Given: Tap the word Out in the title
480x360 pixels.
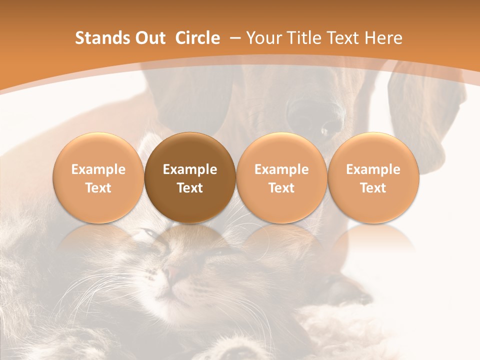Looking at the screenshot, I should [x=149, y=38].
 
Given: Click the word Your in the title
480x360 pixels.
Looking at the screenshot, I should [x=263, y=38].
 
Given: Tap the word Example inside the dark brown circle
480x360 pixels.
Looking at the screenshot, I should [x=190, y=169].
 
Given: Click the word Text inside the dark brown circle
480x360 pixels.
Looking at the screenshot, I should [x=190, y=188].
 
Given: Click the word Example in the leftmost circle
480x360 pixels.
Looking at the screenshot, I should [x=98, y=169].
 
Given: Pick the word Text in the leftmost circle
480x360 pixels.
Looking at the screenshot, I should [x=98, y=188].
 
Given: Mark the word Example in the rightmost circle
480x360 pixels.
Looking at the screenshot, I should [x=373, y=169].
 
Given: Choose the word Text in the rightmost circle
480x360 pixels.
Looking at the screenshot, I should [x=373, y=188].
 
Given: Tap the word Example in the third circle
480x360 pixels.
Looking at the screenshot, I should [x=281, y=169].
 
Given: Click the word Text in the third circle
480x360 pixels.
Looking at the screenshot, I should [x=281, y=188].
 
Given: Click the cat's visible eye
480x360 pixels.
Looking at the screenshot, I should [x=149, y=233].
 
